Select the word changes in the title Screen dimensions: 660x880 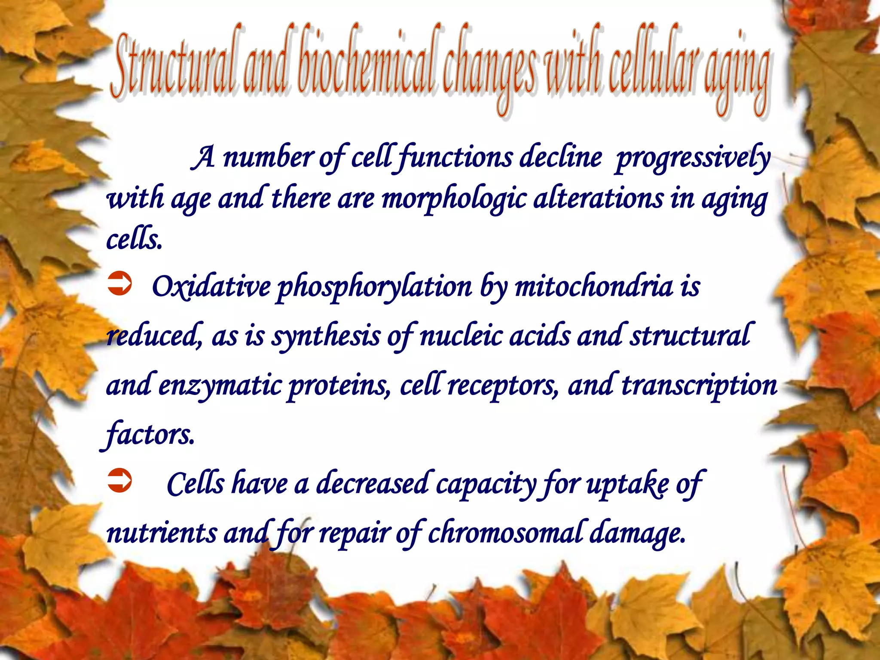(490, 69)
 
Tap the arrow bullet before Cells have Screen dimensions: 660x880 (119, 480)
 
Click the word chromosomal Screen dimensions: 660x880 (505, 533)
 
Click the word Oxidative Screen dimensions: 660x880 (211, 286)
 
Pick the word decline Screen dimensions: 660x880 (560, 157)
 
